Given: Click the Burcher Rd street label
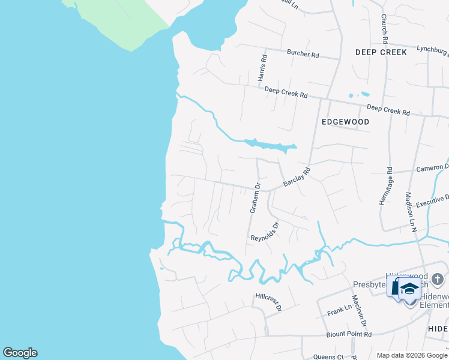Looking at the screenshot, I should [303, 54].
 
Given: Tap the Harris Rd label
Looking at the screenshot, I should [262, 68].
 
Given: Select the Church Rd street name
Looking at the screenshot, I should [384, 28].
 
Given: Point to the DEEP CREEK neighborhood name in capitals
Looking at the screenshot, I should [381, 52].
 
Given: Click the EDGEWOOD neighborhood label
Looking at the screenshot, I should [345, 122].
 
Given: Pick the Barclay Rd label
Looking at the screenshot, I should [297, 176].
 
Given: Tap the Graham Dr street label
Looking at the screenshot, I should [255, 198].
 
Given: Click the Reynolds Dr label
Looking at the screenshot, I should [265, 232].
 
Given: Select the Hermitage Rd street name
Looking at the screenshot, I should [385, 186].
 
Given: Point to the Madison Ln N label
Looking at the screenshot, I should [411, 212].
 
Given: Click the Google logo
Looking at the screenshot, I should [20, 353].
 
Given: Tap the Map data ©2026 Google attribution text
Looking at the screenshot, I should [411, 355].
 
